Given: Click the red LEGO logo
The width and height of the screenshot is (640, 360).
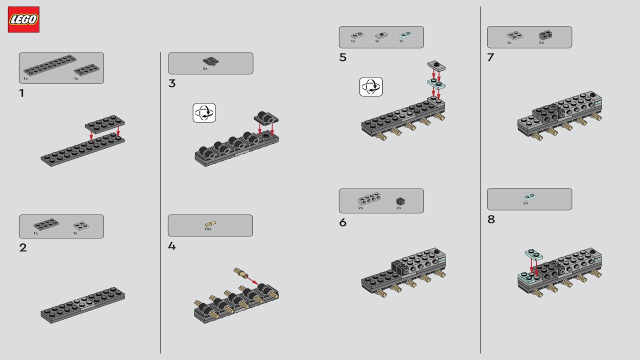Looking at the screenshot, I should pyautogui.click(x=23, y=19).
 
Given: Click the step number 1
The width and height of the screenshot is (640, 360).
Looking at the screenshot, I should pyautogui.click(x=21, y=93).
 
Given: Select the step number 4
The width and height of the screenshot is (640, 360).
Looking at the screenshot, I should pyautogui.click(x=172, y=246).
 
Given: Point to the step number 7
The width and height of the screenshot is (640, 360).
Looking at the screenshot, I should pyautogui.click(x=490, y=57).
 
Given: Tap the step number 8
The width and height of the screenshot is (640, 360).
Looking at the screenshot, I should pyautogui.click(x=491, y=219).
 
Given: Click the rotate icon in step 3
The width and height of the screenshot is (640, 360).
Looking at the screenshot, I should pyautogui.click(x=204, y=113).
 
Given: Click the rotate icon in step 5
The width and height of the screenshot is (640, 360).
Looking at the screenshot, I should pyautogui.click(x=371, y=87).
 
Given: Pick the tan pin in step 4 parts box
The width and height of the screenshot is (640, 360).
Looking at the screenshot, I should pyautogui.click(x=210, y=223).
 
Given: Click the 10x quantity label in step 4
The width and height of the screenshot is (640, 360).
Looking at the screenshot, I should pyautogui.click(x=208, y=229).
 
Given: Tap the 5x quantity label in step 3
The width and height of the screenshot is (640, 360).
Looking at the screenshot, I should pyautogui.click(x=204, y=68).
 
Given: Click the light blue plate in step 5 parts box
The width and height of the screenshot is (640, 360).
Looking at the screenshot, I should pyautogui.click(x=405, y=35).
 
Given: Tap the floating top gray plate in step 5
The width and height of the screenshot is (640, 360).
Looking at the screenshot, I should pyautogui.click(x=436, y=66).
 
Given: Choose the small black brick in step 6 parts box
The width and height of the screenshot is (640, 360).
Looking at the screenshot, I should pyautogui.click(x=400, y=201).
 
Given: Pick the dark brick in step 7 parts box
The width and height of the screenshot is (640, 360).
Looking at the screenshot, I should pyautogui.click(x=545, y=35).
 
